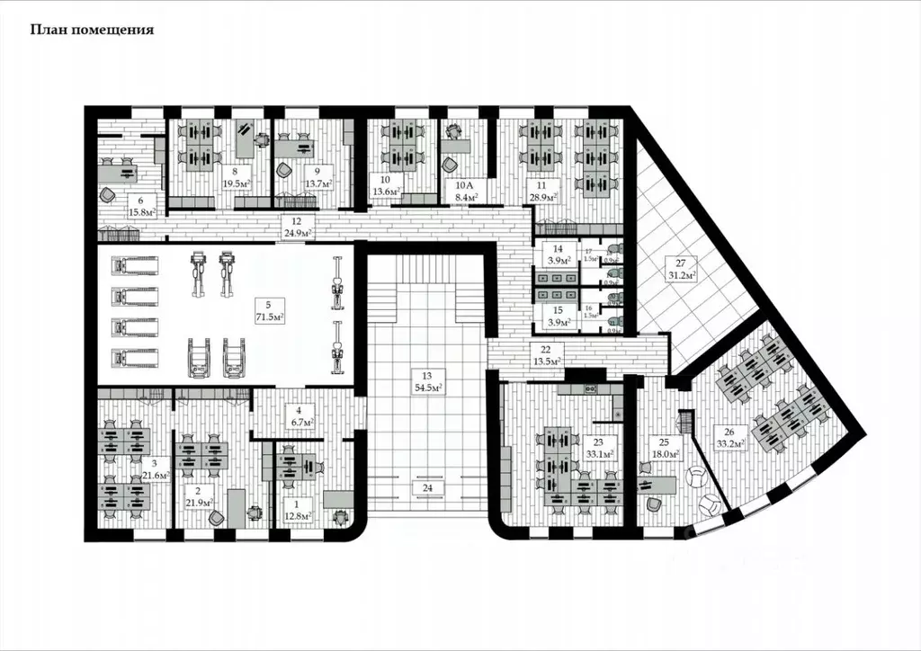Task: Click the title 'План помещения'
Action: (x=92, y=30)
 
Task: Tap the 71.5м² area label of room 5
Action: (x=269, y=318)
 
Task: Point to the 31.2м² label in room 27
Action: (x=681, y=274)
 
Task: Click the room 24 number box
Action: (x=427, y=488)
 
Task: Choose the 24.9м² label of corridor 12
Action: (x=297, y=233)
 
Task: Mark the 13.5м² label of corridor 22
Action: (x=546, y=361)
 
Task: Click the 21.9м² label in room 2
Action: (x=198, y=502)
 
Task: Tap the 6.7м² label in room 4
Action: (x=298, y=422)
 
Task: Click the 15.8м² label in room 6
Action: (x=141, y=212)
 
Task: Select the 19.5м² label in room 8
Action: (x=236, y=180)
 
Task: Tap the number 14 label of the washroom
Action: (x=559, y=248)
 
